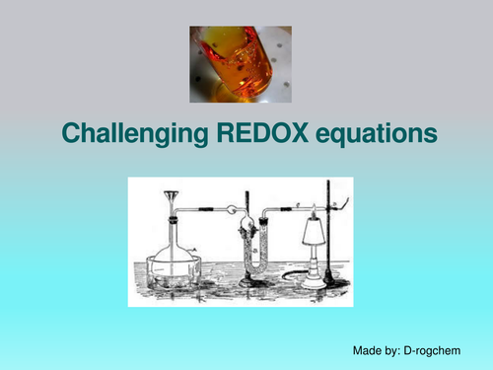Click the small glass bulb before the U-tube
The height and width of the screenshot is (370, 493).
point(230,209)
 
